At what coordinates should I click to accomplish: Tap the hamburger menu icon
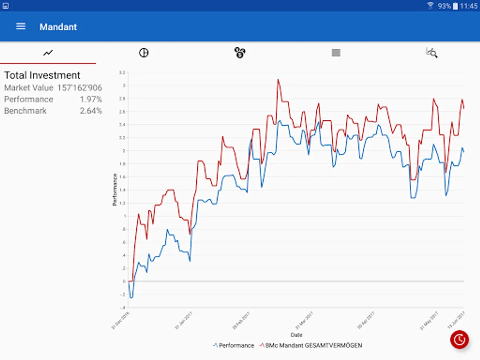pyautogui.click(x=21, y=26)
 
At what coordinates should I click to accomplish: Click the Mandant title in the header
pyautogui.click(x=58, y=27)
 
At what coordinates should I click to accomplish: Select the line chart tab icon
pyautogui.click(x=48, y=52)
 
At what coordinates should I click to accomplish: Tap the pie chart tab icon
pyautogui.click(x=144, y=52)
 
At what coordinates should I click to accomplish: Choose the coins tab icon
pyautogui.click(x=240, y=52)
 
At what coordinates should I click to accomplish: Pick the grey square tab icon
pyautogui.click(x=336, y=52)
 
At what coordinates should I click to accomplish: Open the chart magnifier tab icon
pyautogui.click(x=432, y=52)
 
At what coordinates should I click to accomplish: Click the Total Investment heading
pyautogui.click(x=42, y=75)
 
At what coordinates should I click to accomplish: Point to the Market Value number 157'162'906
pyautogui.click(x=80, y=88)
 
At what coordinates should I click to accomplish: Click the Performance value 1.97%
pyautogui.click(x=91, y=99)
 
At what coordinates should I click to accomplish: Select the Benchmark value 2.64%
pyautogui.click(x=91, y=111)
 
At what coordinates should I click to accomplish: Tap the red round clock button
pyautogui.click(x=460, y=340)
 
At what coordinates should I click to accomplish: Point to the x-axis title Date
pyautogui.click(x=296, y=335)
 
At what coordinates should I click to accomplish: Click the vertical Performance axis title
pyautogui.click(x=115, y=190)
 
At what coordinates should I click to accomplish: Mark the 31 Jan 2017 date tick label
pyautogui.click(x=184, y=321)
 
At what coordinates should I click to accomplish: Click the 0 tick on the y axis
pyautogui.click(x=124, y=281)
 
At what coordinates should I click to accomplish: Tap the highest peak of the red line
pyautogui.click(x=278, y=80)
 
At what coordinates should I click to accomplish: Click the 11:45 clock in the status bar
pyautogui.click(x=468, y=6)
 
